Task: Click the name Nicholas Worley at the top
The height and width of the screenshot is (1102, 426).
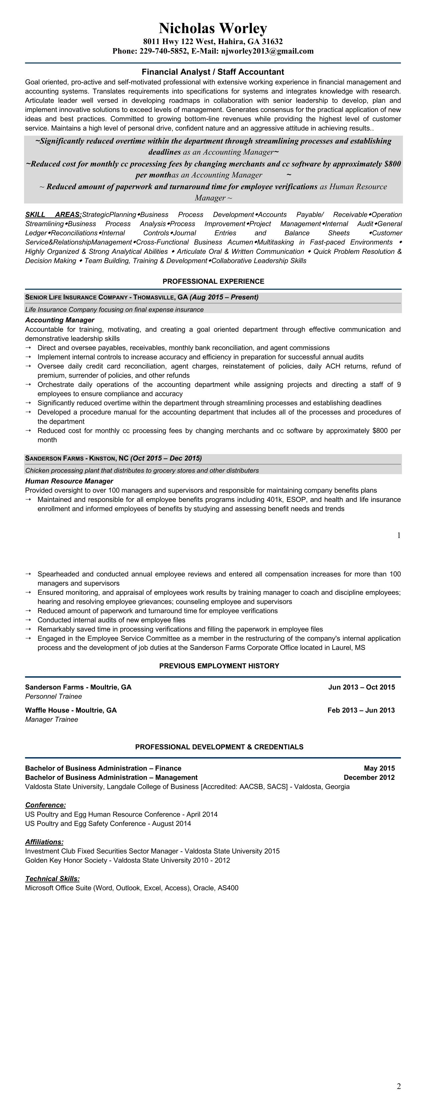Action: [213, 28]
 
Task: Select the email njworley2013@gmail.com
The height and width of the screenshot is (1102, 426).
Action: [267, 51]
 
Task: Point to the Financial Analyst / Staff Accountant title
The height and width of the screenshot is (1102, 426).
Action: [213, 72]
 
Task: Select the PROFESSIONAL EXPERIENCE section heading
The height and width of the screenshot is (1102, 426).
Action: [213, 281]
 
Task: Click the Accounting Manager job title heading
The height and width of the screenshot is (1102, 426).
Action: [60, 320]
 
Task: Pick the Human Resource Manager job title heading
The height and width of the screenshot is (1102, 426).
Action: [69, 481]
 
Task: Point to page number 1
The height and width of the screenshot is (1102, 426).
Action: [399, 535]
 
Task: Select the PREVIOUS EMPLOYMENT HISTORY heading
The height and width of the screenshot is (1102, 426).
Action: [219, 666]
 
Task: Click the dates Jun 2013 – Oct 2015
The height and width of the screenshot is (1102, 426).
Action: [362, 687]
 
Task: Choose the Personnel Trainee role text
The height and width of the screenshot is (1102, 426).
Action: [53, 696]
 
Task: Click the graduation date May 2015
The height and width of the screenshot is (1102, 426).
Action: [379, 768]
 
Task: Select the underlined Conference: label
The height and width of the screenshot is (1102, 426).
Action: [45, 805]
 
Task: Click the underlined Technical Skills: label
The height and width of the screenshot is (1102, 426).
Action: [52, 879]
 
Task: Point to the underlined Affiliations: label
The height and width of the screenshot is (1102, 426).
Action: [44, 842]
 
